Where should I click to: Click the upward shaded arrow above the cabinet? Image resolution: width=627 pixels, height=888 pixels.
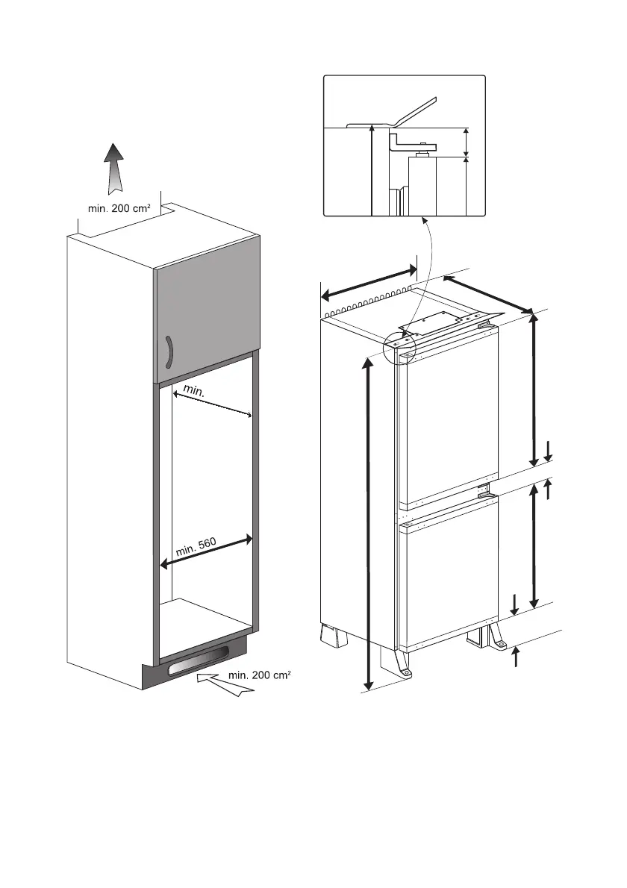113,169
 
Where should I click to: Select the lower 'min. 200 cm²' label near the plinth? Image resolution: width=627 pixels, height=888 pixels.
259,675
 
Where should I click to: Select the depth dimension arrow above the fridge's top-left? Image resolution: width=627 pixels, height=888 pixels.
369,282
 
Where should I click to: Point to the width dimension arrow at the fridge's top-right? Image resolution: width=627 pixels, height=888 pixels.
488,293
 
